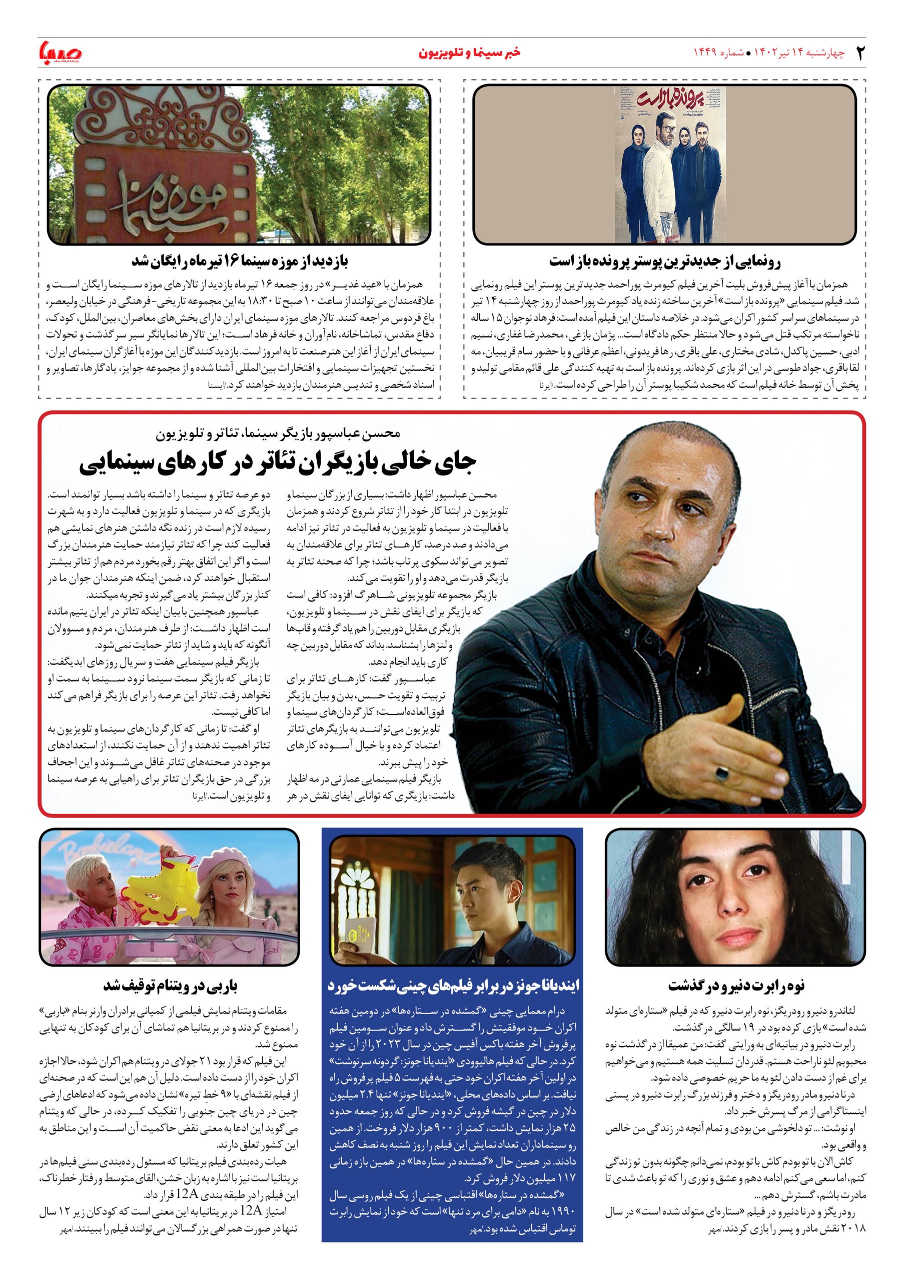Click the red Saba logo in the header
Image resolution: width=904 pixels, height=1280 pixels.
60,53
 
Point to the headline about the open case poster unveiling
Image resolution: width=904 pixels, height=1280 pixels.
665,261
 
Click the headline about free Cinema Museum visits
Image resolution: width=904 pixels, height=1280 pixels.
240,261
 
